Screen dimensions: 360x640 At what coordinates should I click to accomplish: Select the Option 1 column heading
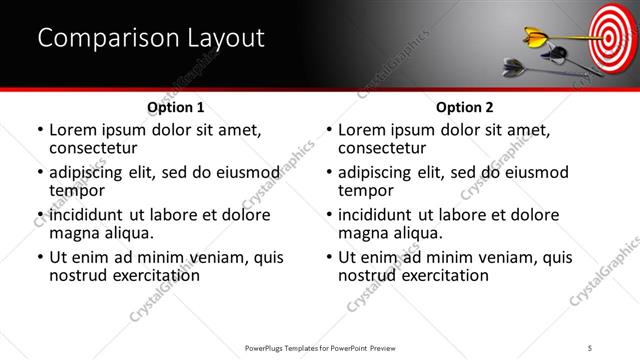pos(175,107)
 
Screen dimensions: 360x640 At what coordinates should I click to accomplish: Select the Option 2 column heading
pos(464,107)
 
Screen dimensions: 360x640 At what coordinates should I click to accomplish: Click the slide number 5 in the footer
pos(591,348)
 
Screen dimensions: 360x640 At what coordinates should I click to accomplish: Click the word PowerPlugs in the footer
pos(268,348)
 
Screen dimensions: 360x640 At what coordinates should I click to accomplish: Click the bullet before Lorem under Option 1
pos(39,130)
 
